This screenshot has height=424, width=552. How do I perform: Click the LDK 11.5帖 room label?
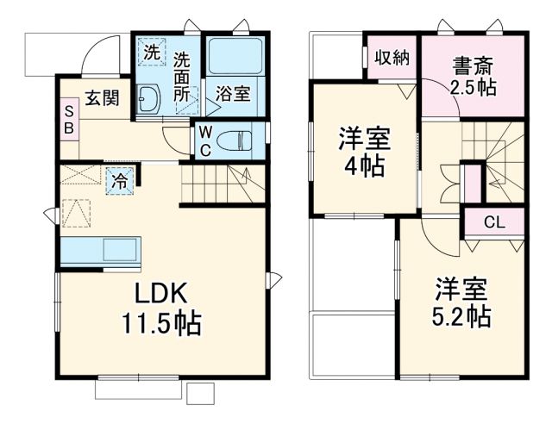(x=160, y=308)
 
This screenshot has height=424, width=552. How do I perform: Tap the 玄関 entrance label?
(x=102, y=98)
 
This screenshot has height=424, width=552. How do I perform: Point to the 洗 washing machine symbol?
(x=152, y=52)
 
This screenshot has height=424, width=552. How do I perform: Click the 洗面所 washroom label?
(x=181, y=78)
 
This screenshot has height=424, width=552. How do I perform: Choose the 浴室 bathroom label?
(x=233, y=94)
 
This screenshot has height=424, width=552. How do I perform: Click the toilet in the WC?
(x=238, y=139)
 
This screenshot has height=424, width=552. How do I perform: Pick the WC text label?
(x=205, y=139)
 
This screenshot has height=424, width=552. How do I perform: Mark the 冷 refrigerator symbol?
(x=119, y=181)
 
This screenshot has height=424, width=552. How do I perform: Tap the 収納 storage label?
(x=391, y=57)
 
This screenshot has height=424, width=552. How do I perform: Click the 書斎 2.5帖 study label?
(x=472, y=76)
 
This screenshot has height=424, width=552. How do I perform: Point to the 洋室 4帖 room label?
(x=363, y=151)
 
